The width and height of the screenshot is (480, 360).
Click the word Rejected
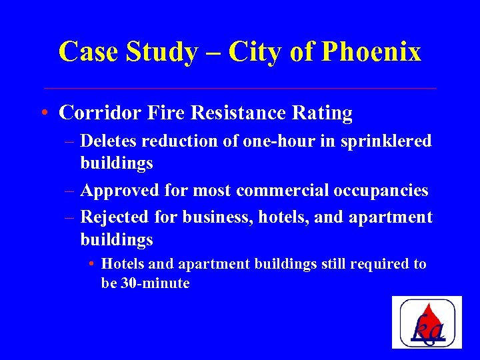(113, 217)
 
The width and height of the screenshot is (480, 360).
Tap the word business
(215, 217)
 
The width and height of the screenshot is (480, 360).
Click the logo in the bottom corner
(427, 322)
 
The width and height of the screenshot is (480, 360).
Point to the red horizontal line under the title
(240, 88)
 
